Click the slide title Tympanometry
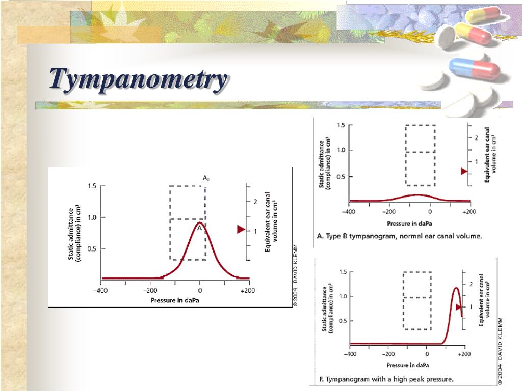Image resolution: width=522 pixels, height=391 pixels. (x=138, y=80)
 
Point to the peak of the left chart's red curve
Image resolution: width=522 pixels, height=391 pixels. (x=200, y=222)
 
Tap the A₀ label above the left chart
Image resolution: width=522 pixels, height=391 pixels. (x=206, y=179)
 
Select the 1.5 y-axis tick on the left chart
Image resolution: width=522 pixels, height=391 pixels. (x=92, y=186)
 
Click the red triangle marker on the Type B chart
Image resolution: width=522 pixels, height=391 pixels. (x=464, y=171)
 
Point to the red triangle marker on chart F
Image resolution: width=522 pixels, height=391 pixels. (x=458, y=307)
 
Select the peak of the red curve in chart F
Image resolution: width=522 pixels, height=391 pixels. (x=456, y=288)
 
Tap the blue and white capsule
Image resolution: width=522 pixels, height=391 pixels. (x=474, y=68)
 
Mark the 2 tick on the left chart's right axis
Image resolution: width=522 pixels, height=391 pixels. (x=255, y=202)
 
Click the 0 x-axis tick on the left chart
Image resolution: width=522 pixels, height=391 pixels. (x=200, y=290)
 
